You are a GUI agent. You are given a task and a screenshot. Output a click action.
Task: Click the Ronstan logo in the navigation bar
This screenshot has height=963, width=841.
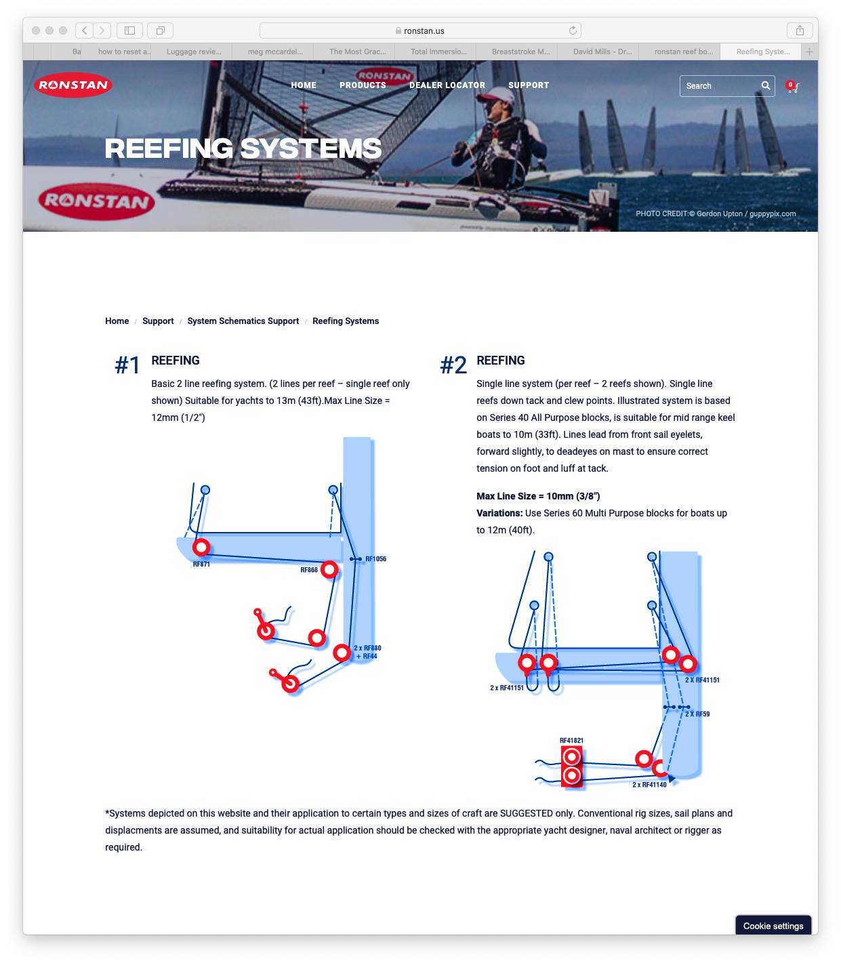coord(73,85)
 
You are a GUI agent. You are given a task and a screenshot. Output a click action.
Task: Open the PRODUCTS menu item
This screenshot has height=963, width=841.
coord(363,85)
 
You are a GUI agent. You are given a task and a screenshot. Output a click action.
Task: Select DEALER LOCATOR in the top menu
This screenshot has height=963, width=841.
coord(447,85)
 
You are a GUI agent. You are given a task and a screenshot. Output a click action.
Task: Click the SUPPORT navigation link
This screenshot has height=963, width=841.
coord(529,85)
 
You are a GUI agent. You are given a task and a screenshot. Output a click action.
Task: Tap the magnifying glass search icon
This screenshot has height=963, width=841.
coord(766,85)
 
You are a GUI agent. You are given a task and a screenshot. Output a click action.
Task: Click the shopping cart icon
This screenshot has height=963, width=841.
coord(792,87)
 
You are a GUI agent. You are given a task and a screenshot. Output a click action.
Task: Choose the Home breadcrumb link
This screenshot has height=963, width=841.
coord(117,321)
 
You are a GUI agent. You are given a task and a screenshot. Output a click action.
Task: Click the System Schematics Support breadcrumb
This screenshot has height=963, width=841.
coord(243,321)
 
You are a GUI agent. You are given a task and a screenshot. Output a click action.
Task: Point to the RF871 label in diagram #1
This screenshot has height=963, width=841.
coord(201,565)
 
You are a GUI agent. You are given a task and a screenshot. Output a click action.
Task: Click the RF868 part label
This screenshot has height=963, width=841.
coord(309,570)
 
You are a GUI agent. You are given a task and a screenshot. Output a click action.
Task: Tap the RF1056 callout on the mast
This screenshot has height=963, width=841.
coord(375,559)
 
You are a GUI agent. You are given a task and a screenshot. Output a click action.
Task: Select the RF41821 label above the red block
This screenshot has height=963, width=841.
coord(571,741)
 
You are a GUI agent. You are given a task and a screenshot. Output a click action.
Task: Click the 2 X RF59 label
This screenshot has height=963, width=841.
coord(697,714)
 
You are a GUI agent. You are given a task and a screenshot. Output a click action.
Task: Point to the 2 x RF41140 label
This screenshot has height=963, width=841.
coord(649,785)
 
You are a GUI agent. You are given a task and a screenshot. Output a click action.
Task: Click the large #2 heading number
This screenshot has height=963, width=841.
coord(453,365)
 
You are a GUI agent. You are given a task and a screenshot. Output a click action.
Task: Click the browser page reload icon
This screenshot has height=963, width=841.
coord(573,30)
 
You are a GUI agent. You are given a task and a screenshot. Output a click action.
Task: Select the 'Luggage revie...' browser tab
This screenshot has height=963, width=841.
coord(194,52)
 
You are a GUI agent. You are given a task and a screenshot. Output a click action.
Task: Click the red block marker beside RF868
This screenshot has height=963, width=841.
coord(329,569)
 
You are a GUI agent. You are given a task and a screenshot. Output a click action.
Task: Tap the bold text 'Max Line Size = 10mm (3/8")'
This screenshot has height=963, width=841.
coord(538,496)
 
